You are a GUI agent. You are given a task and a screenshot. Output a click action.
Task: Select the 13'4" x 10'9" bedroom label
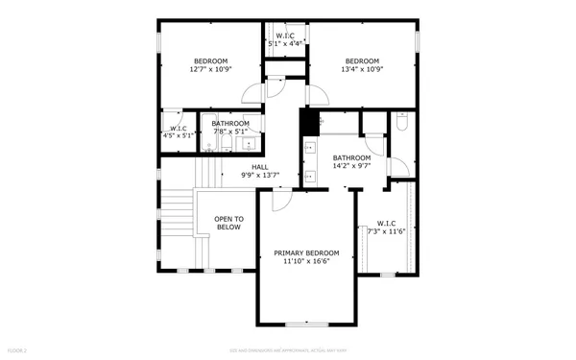[362, 64]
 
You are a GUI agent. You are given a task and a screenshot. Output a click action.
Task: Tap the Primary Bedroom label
[305, 256]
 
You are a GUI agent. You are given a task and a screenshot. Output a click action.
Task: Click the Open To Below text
[228, 223]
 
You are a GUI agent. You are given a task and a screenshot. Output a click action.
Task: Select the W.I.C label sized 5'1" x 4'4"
[285, 39]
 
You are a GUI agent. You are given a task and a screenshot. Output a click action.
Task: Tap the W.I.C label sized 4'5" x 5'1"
[178, 132]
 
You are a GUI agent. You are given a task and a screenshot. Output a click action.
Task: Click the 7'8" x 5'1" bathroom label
[230, 128]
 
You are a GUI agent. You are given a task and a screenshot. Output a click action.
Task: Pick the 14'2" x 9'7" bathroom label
[351, 162]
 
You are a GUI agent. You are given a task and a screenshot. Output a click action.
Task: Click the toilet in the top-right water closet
[403, 123]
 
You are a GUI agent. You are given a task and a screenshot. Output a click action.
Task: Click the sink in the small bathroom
[249, 144]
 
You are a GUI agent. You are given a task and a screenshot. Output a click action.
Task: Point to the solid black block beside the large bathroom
[309, 123]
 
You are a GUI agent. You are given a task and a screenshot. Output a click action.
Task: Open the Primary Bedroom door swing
[281, 199]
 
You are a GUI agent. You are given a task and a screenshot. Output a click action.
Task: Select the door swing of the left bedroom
[252, 93]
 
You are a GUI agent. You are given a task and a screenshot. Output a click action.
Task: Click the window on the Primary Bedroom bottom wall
[305, 324]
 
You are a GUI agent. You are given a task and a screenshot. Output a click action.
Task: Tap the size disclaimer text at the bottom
[288, 352]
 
